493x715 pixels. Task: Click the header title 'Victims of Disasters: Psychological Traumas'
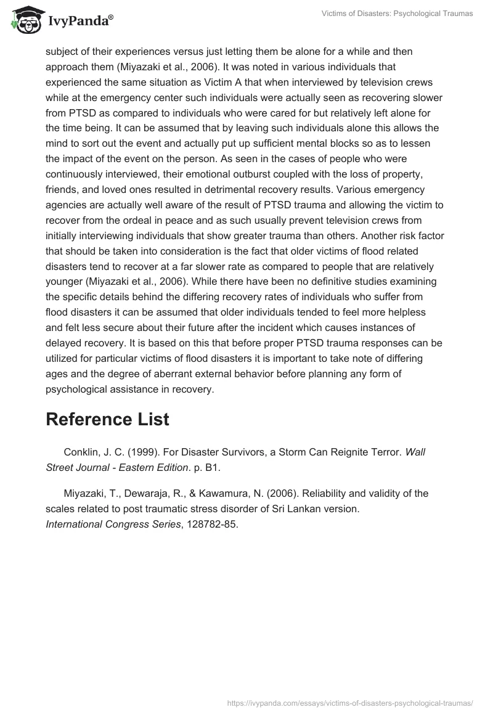pos(397,14)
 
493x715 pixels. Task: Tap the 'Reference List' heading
pos(107,419)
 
